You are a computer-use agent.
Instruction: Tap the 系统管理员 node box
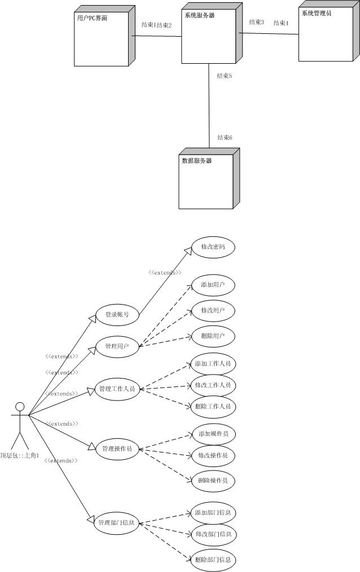326,35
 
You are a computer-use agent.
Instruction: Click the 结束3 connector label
257,22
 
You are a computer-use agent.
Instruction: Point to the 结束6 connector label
225,138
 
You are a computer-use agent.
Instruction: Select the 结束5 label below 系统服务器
225,76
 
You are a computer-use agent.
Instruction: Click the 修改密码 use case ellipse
213,247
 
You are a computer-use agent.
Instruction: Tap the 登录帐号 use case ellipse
117,314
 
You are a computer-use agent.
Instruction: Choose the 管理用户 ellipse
117,346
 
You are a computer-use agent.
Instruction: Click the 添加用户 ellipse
213,285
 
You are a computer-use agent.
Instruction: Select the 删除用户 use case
213,336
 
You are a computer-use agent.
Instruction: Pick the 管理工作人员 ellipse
117,389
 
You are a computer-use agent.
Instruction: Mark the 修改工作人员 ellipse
213,385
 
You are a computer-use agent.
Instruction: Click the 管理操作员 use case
117,448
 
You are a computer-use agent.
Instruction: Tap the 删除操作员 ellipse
213,481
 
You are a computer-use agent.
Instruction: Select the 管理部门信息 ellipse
117,522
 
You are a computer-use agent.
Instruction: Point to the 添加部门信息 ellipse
213,513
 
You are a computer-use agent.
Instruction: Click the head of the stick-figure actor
20,406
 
